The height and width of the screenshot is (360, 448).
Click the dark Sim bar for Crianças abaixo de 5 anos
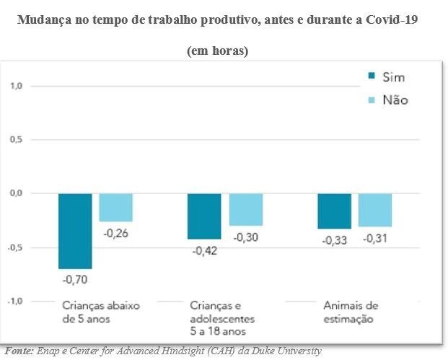pos(75,231)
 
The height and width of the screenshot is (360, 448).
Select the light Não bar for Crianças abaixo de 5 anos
pos(115,207)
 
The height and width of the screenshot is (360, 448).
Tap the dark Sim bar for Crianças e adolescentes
pos(204,216)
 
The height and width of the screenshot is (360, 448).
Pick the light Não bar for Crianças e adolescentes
pos(246,209)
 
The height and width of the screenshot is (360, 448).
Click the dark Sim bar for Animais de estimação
pos(334,211)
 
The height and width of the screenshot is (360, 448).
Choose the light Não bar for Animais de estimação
pos(375,210)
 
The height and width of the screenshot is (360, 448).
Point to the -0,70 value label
pos(75,279)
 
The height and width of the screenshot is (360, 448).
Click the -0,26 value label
pos(115,232)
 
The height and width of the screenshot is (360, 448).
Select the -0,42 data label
pos(204,250)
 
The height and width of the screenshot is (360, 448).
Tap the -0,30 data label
pos(246,237)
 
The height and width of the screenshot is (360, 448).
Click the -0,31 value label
pos(375,238)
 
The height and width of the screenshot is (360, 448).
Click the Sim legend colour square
pos(372,77)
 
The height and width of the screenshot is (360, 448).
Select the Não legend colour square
pos(372,100)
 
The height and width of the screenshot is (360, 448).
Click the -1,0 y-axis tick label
pos(15,301)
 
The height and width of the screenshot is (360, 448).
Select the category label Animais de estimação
pos(348,312)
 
